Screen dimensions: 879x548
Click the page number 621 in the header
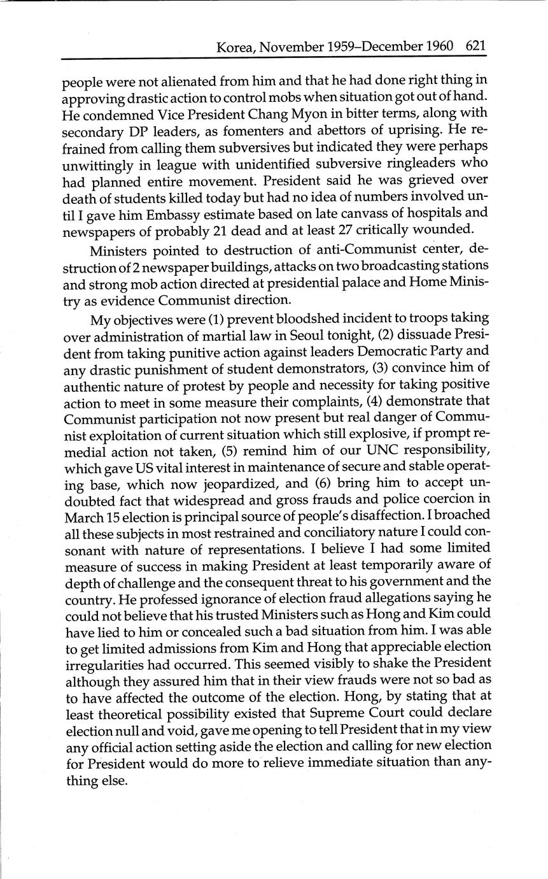pyautogui.click(x=476, y=46)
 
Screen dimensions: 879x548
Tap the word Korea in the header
pyautogui.click(x=234, y=46)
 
